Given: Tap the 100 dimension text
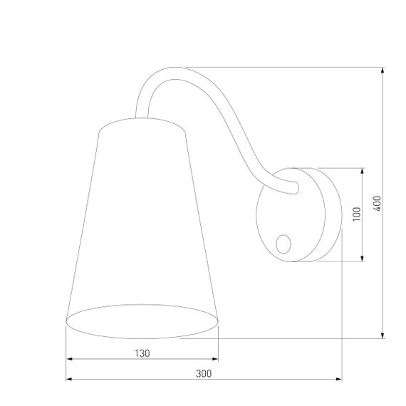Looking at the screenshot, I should pyautogui.click(x=355, y=214).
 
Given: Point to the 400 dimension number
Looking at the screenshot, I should pyautogui.click(x=377, y=203).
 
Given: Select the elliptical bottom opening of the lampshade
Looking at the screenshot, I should pyautogui.click(x=141, y=321).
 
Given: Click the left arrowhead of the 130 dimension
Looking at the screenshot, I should pyautogui.click(x=68, y=360).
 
